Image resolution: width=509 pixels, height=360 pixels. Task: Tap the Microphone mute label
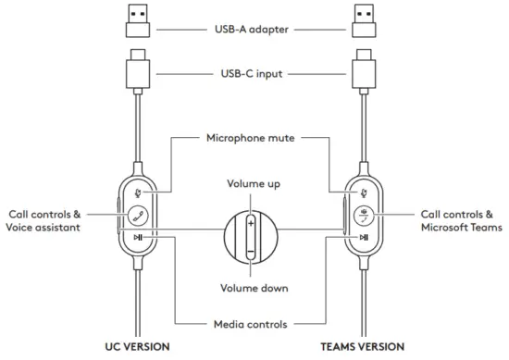click(251, 139)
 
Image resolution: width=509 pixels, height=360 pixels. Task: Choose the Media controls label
click(251, 324)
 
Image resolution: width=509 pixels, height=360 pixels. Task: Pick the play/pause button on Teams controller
click(364, 238)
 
